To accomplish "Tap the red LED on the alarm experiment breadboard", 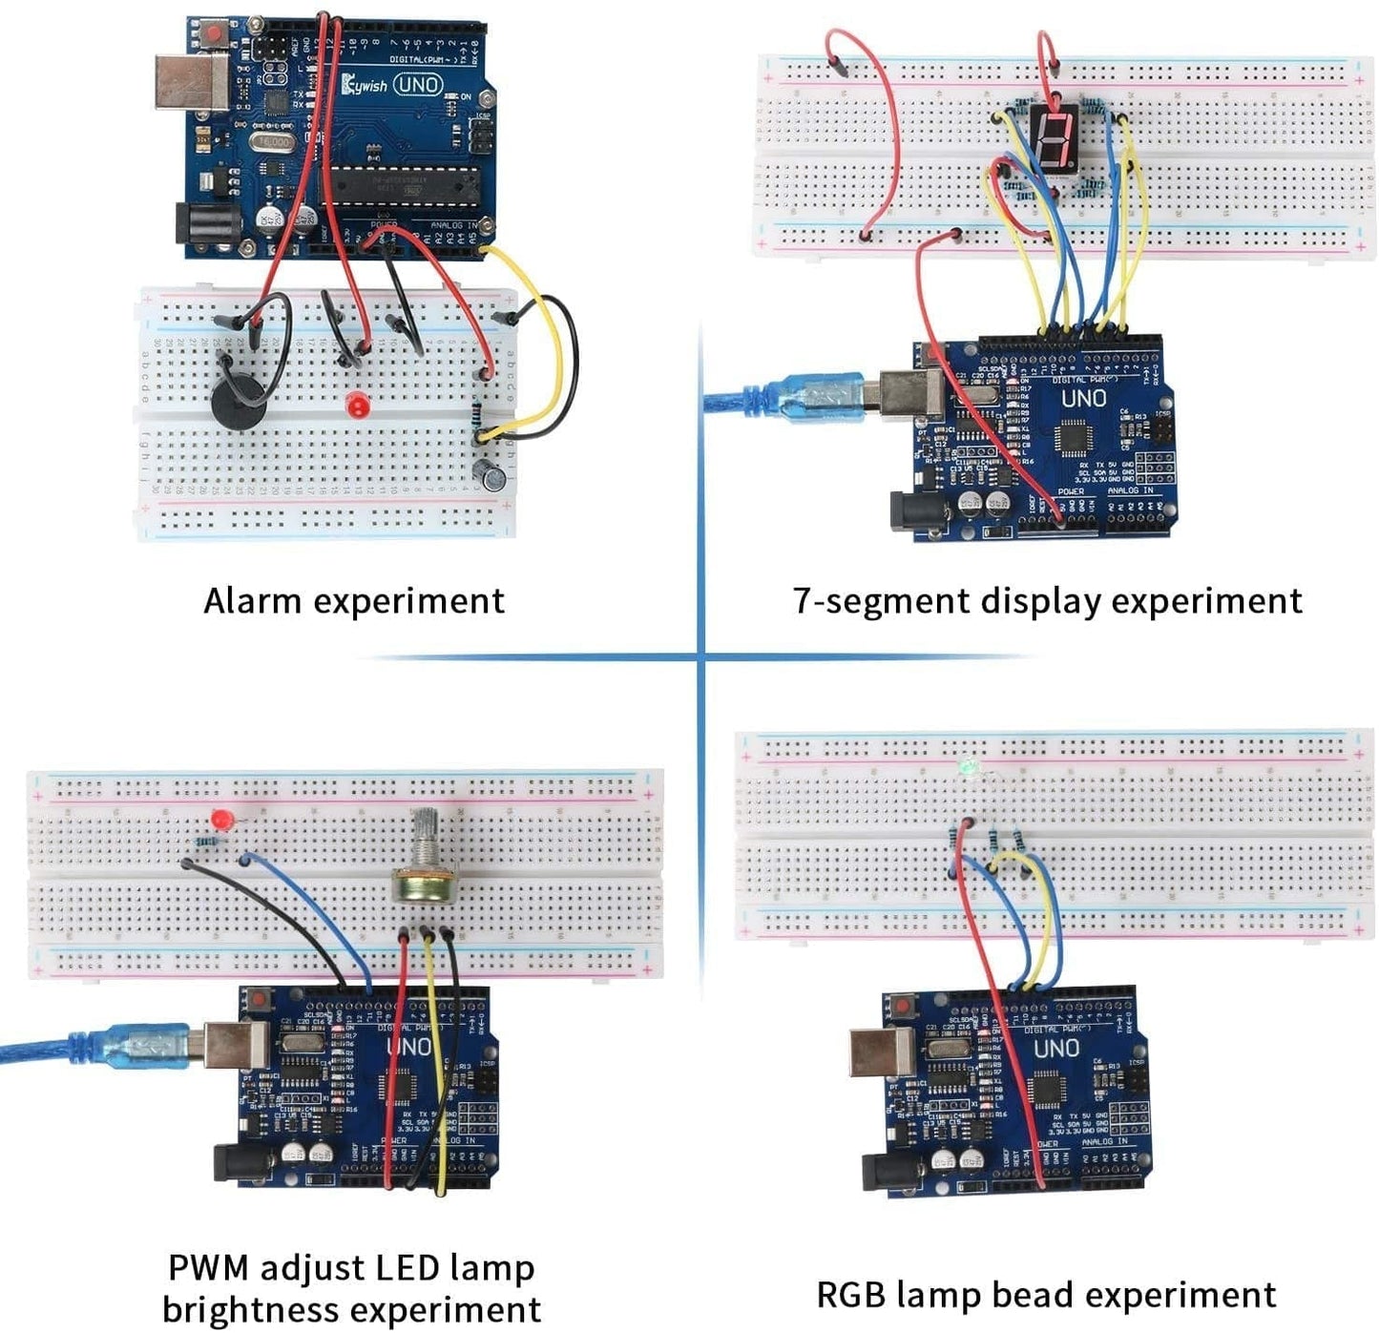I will pos(358,405).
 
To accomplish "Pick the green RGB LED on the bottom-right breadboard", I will pos(968,766).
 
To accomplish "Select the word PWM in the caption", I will pos(208,1268).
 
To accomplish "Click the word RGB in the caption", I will pos(851,1295).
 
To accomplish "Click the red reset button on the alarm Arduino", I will pos(212,34).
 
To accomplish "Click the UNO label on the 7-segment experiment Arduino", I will pos(1083,398).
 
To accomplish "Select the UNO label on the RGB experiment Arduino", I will pos(1056,1049).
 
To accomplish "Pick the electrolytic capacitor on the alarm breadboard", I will pos(493,474).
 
